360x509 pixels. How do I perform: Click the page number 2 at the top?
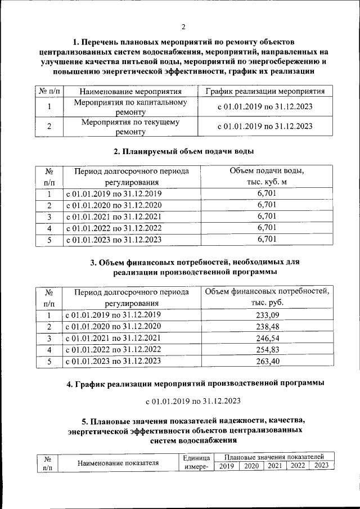pyautogui.click(x=183, y=26)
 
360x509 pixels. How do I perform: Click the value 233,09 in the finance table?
pyautogui.click(x=267, y=315)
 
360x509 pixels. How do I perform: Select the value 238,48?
pyautogui.click(x=267, y=327)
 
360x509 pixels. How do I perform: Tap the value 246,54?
pyautogui.click(x=267, y=339)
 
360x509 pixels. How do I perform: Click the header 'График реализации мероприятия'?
pyautogui.click(x=265, y=91)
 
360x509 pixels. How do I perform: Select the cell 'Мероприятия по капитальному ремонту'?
pyautogui.click(x=130, y=107)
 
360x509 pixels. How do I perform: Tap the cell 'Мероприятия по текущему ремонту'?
pyautogui.click(x=130, y=127)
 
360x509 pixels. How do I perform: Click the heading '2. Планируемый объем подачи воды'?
pyautogui.click(x=183, y=152)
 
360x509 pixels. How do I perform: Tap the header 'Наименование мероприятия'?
pyautogui.click(x=130, y=91)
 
